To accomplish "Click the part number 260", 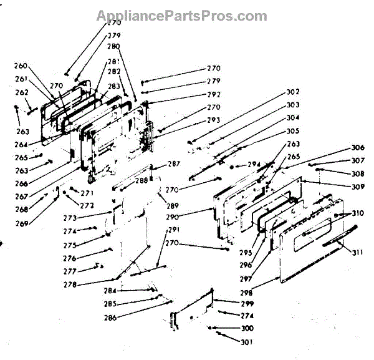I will pyautogui.click(x=21, y=66).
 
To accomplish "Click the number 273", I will pyautogui.click(x=70, y=218).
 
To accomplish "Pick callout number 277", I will pyautogui.click(x=70, y=272).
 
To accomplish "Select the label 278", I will pyautogui.click(x=70, y=285).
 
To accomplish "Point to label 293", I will pyautogui.click(x=214, y=120).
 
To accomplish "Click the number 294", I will pyautogui.click(x=253, y=165).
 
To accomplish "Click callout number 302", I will pyautogui.click(x=293, y=92).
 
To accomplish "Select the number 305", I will pyautogui.click(x=293, y=131).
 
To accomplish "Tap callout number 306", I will pyautogui.click(x=357, y=148).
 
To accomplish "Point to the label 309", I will pyautogui.click(x=357, y=187).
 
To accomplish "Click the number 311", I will pyautogui.click(x=357, y=253).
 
